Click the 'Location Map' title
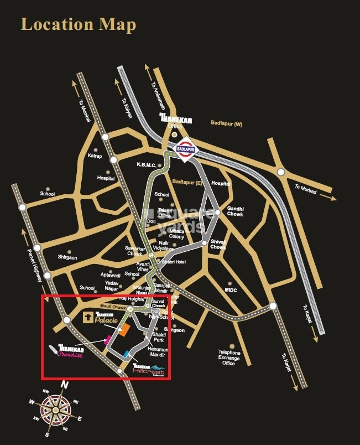(x=78, y=24)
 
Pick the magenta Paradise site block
(x=108, y=339)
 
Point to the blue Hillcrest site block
(x=127, y=354)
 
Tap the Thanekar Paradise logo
(x=70, y=351)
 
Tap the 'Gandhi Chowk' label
(x=235, y=211)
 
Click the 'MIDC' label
(x=231, y=289)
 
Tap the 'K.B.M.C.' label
(x=148, y=164)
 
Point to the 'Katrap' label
(x=96, y=157)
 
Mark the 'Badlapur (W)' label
(x=226, y=123)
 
